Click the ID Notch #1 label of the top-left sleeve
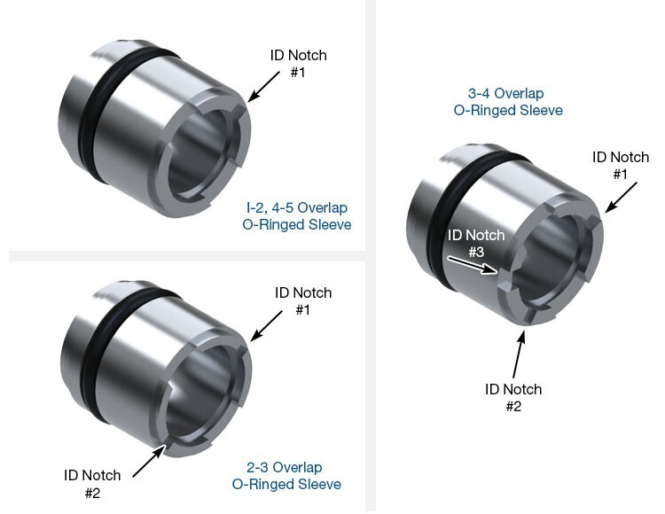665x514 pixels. pyautogui.click(x=298, y=63)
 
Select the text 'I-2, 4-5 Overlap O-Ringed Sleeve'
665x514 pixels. pyautogui.click(x=297, y=216)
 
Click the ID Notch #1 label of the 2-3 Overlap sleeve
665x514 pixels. pyautogui.click(x=302, y=301)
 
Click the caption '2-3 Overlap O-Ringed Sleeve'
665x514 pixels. pyautogui.click(x=286, y=476)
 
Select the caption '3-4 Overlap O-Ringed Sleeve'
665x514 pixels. pyautogui.click(x=505, y=102)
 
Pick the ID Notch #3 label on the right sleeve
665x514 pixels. pyautogui.click(x=476, y=244)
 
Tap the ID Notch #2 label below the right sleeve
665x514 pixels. pyautogui.click(x=512, y=398)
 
